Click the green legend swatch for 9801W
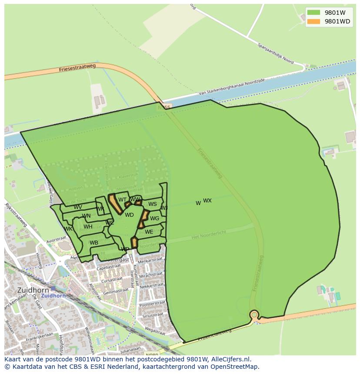(x=313, y=13)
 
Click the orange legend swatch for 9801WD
(x=313, y=21)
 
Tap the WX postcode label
(x=207, y=201)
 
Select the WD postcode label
(x=129, y=215)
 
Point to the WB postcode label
(x=94, y=243)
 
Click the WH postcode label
(x=88, y=227)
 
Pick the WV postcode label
(x=78, y=207)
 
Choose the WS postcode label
(x=152, y=204)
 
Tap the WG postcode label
(x=154, y=218)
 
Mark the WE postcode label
(x=149, y=232)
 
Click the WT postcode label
(x=122, y=200)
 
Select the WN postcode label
(x=86, y=216)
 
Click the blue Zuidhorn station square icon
(x=53, y=288)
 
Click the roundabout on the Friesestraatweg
(x=254, y=314)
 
